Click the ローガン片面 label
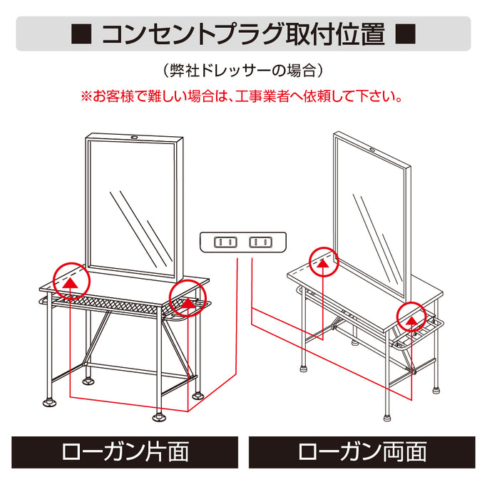[x=125, y=451]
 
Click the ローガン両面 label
[x=362, y=451]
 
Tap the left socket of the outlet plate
[x=225, y=242]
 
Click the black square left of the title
[x=81, y=34]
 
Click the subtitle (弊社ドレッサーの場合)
[x=243, y=71]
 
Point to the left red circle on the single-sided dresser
[x=71, y=280]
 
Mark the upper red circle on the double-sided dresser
[x=324, y=261]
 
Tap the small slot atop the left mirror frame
[x=134, y=138]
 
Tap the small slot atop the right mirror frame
[x=374, y=148]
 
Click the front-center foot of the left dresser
[x=159, y=414]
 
